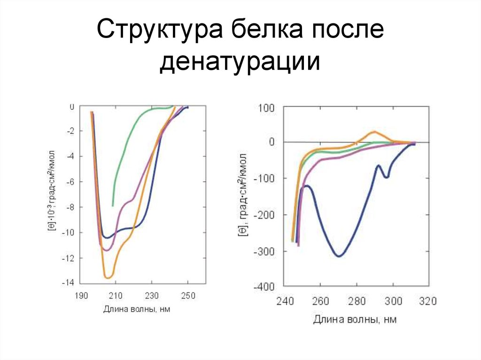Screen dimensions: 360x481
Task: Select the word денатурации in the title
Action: [240, 63]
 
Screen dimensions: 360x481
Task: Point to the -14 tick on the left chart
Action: [68, 283]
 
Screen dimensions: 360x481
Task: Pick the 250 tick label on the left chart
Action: [188, 297]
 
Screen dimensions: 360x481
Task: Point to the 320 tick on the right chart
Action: [428, 301]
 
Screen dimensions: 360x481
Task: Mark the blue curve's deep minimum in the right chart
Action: [339, 256]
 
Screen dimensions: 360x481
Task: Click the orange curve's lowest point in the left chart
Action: [108, 278]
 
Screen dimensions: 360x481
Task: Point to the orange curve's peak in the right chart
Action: [374, 131]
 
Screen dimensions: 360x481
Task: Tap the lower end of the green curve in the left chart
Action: [113, 206]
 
